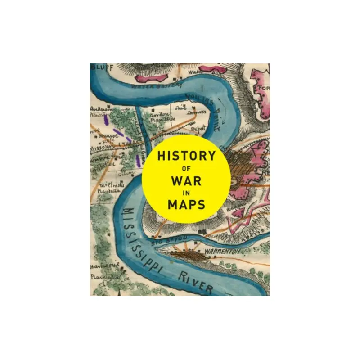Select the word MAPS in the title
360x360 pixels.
click(186, 205)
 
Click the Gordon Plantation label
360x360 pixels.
click(160, 118)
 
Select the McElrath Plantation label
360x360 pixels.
click(108, 187)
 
